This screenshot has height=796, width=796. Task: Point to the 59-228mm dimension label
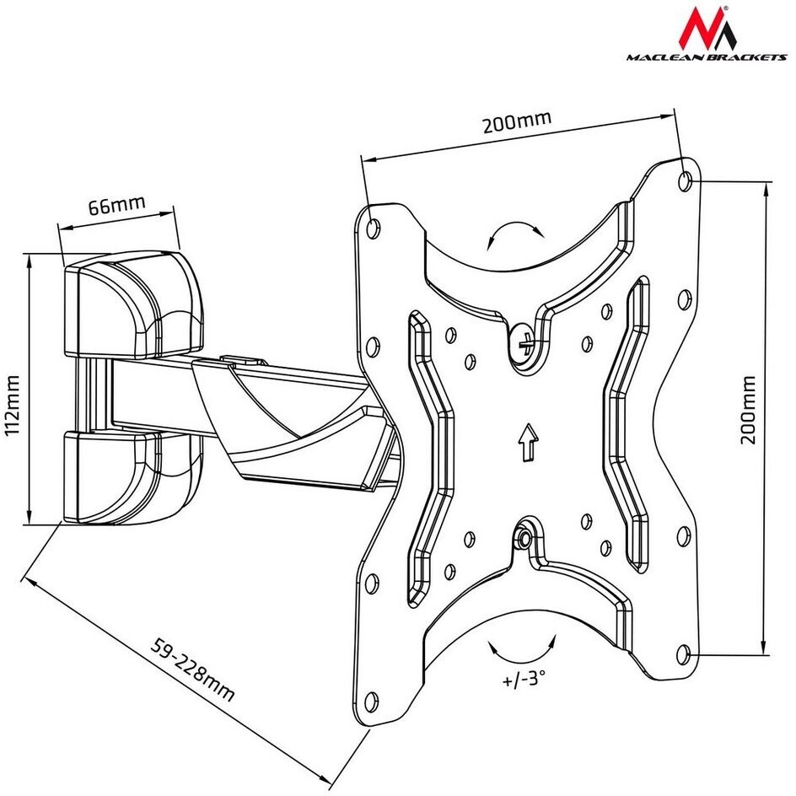tap(191, 670)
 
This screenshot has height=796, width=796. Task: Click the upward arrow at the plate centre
tap(528, 443)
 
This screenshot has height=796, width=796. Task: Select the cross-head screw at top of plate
tap(525, 342)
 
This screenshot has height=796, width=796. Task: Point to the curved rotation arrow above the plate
tap(514, 232)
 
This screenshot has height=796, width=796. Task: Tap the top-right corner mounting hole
tap(687, 179)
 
